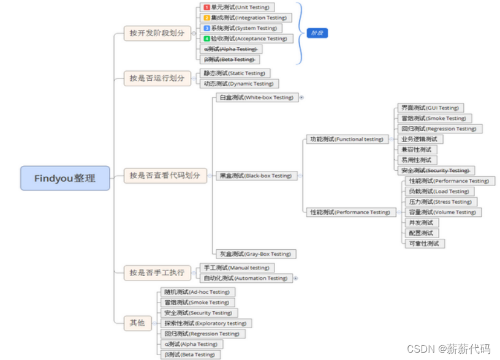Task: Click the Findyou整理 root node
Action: point(65,178)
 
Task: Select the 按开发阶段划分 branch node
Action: point(156,33)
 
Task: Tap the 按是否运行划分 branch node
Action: point(156,78)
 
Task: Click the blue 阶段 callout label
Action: point(317,33)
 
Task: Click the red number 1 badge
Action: point(206,7)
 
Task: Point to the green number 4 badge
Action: point(206,39)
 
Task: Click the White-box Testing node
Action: point(256,97)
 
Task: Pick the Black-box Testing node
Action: point(256,176)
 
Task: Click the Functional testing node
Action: point(346,139)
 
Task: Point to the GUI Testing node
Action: point(429,108)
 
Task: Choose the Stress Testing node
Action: point(440,201)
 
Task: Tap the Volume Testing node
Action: point(442,212)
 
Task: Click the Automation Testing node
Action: point(245,278)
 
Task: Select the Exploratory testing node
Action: point(206,323)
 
